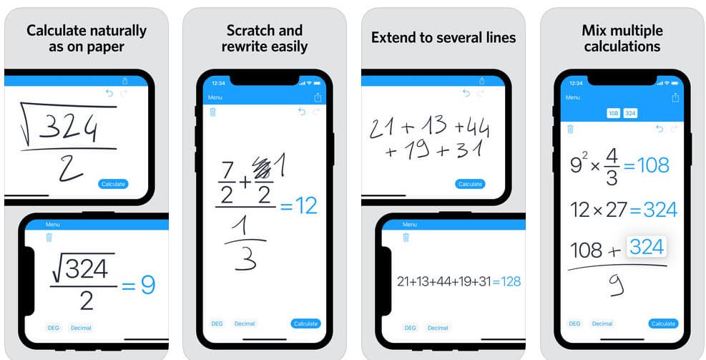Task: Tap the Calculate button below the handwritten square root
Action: pos(113,184)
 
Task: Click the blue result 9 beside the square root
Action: pos(148,285)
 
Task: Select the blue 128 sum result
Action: pos(511,281)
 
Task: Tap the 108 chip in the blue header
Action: pos(613,113)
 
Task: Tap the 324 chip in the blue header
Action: pos(630,113)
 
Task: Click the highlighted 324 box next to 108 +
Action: pos(647,248)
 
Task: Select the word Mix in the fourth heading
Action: pos(593,31)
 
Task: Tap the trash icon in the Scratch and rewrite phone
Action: pos(212,112)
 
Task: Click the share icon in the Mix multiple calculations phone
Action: pos(675,97)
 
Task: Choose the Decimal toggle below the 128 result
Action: pos(438,328)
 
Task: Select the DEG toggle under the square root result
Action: pos(53,328)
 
